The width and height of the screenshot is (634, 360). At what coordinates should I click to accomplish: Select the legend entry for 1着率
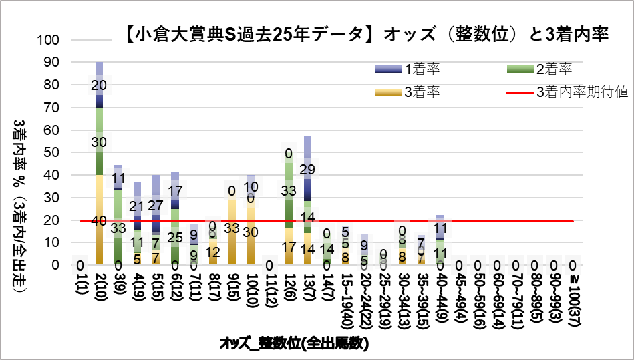pos(421,69)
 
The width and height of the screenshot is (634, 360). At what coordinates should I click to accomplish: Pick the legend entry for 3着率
pos(421,92)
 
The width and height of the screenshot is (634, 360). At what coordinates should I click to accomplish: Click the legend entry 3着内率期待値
pos(581,92)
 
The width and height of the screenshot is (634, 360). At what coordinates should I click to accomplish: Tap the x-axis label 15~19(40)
pos(345,303)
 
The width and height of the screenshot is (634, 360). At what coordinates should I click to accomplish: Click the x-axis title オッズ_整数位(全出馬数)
pos(295,344)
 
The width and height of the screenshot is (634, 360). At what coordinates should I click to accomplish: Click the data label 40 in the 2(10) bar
pos(99,221)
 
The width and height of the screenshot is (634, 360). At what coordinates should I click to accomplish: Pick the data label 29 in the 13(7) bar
pos(307,170)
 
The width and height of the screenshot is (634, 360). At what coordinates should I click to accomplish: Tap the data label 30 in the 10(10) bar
pos(251,232)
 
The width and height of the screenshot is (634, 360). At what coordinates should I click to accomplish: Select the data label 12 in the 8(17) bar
pos(212,252)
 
